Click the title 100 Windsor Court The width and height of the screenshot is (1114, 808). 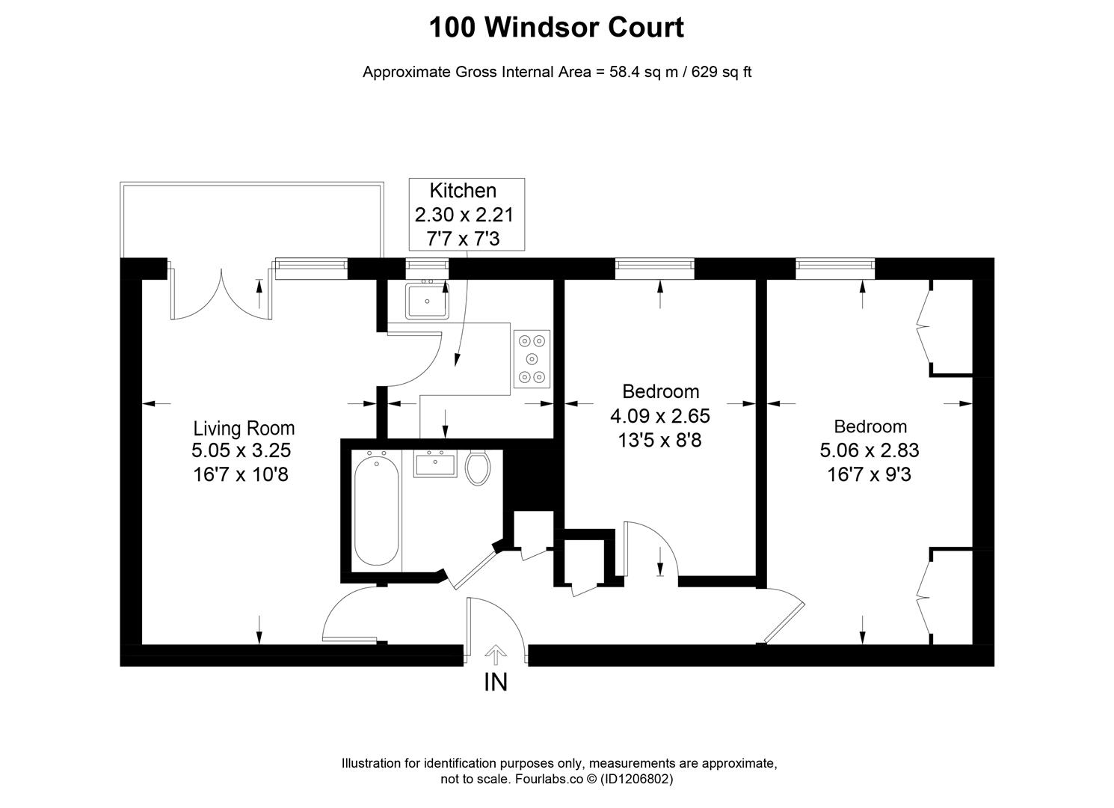point(556,28)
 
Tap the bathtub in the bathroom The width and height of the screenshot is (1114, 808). point(376,510)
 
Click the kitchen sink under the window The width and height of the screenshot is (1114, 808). point(427,301)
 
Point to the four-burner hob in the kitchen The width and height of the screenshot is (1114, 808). point(532,358)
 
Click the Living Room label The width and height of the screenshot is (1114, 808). point(244,428)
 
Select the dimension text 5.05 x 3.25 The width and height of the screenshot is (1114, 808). point(241,450)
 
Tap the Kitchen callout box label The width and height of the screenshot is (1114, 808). point(463,191)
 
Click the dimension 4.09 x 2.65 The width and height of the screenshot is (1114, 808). point(661,415)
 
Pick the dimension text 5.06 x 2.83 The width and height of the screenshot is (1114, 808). point(870,450)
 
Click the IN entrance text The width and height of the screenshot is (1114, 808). point(496,682)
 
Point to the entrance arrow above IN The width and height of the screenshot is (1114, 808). point(496,655)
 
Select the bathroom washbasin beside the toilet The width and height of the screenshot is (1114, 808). point(434,465)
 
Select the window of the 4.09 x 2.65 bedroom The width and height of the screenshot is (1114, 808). point(654,263)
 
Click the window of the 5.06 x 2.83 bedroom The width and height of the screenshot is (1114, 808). point(835,263)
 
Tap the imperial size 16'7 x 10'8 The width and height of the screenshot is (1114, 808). point(241,474)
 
